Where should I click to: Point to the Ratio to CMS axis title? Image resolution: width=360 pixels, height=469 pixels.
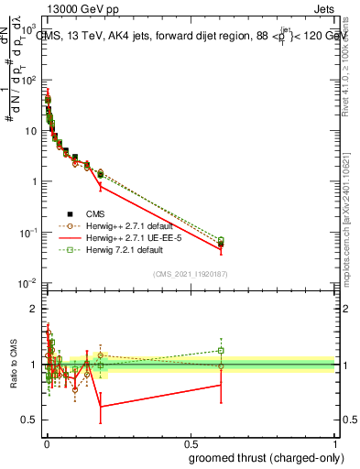point(13,364)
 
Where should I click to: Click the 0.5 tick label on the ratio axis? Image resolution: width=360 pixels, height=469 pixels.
point(27,420)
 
